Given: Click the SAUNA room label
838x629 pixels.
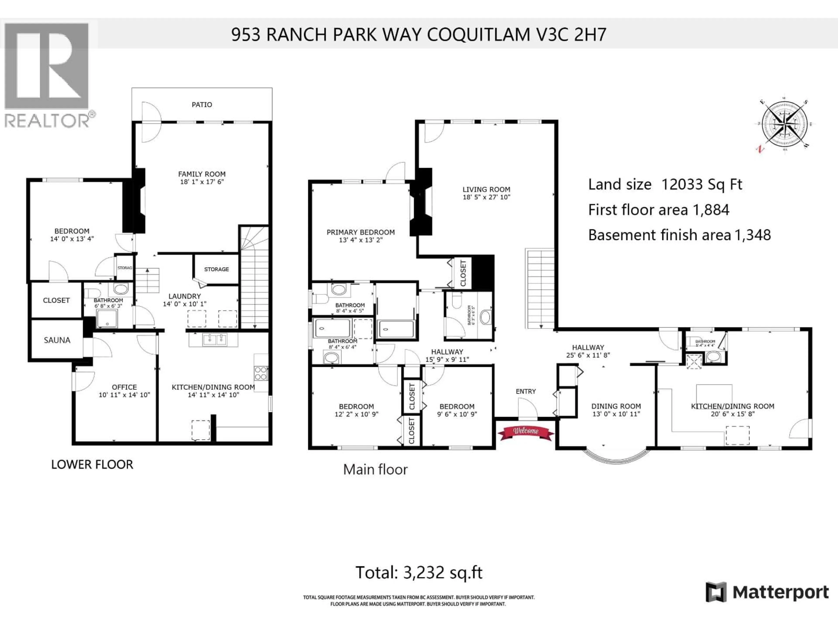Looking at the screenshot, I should [x=57, y=340].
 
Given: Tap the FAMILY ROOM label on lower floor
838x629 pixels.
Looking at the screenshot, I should [x=202, y=174].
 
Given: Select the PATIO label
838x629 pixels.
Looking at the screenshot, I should [x=202, y=105].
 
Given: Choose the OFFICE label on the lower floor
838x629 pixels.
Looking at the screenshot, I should [x=124, y=387].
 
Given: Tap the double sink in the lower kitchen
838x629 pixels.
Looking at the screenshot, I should [x=215, y=339].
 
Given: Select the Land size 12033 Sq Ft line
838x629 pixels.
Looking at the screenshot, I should [x=665, y=185].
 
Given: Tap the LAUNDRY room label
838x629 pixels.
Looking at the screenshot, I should [x=184, y=296].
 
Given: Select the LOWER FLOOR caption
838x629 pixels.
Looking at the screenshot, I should [x=92, y=465].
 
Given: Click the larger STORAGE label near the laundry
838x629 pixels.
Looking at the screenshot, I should [x=216, y=269].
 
